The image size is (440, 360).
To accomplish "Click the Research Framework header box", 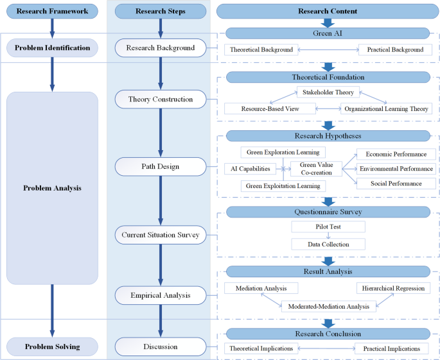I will coord(52,11).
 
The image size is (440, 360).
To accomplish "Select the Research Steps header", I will coord(161,11).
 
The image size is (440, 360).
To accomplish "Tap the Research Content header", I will coord(328,11).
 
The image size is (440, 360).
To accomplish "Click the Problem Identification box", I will coord(52,47).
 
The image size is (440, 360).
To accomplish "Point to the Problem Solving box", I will coord(52,347).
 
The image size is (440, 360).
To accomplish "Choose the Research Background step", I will coord(161,47).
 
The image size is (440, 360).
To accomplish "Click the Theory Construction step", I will coord(161,99).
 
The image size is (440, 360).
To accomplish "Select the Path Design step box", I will coord(161,167).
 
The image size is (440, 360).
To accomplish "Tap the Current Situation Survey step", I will coord(161,235).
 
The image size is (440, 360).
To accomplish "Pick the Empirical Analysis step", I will coord(161,295).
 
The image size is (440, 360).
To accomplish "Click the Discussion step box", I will coord(161,347).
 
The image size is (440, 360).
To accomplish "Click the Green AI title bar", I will coord(328,33).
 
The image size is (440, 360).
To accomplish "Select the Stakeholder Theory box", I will coord(328,92).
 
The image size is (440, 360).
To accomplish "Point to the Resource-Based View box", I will coord(270,109).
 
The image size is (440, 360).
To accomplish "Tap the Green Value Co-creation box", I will coord(316,169).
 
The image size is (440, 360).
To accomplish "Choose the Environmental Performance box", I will coord(396,169).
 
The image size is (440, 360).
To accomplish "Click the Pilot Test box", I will coord(328,227).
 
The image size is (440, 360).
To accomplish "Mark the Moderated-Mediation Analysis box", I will coord(328,306).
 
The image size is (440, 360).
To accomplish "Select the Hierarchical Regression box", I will coord(394,288).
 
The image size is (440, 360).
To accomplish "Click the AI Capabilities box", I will coord(251,169).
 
